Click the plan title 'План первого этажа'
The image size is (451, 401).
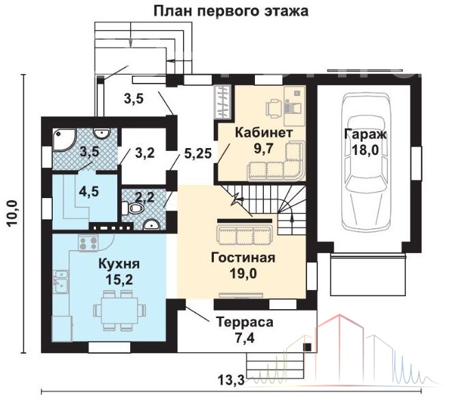[231, 11]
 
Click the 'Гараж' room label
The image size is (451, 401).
[365, 134]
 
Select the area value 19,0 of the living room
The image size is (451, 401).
[243, 274]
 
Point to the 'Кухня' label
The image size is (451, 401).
[119, 263]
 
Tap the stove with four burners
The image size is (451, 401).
[88, 242]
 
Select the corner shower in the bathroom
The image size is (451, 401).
[64, 139]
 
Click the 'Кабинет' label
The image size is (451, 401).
[263, 133]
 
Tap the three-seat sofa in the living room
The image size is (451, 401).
[245, 234]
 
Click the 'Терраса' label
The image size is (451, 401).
[245, 322]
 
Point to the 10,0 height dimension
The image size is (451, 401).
[13, 213]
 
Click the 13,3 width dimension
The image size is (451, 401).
[231, 380]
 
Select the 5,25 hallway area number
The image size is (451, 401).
[198, 154]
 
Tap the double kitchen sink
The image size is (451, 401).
[60, 282]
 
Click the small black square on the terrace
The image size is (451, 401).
[308, 348]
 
